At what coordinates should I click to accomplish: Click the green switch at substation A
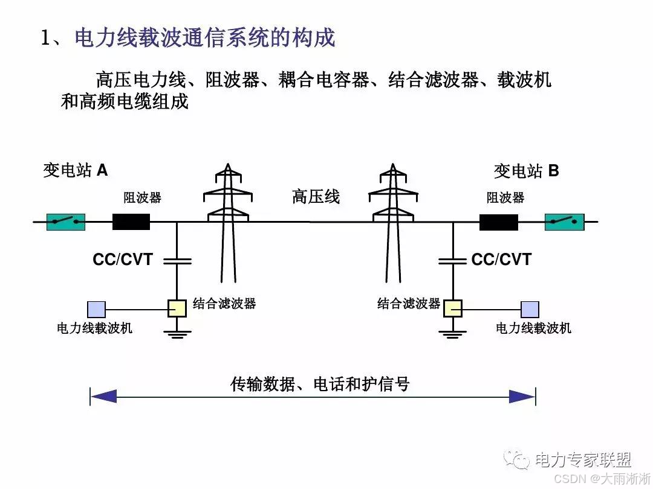66,222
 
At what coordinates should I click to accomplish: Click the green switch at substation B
564,222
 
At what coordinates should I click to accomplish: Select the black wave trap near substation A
131,222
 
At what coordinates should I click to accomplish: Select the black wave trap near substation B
499,222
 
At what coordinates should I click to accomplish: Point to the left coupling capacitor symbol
177,261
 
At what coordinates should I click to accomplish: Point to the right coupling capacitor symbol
453,261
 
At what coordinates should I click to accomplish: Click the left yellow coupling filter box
177,308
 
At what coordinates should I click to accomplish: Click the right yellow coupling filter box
453,308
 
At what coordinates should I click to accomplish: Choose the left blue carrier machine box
96,309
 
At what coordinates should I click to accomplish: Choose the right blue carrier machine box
530,309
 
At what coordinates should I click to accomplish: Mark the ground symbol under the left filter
177,333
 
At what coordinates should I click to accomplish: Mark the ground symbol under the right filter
453,333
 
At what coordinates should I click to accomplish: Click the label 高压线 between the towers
316,196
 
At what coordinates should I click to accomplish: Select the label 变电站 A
75,170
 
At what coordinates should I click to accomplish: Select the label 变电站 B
526,171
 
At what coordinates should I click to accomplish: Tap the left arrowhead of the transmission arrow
103,397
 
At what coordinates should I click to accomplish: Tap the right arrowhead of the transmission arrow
522,397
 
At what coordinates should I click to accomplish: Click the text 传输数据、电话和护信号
320,384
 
